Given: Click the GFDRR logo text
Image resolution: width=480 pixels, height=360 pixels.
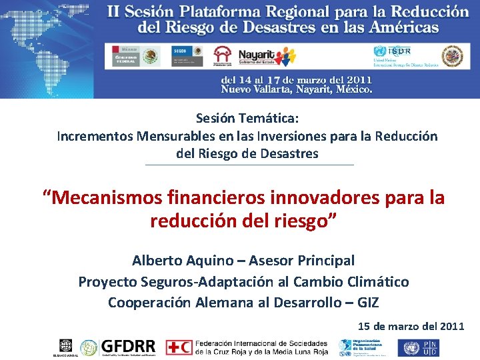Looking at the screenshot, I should point(127,347).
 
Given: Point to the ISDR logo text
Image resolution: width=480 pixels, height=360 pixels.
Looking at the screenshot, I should point(399,51).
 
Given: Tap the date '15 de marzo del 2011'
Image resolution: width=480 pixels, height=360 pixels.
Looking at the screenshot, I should point(411,326).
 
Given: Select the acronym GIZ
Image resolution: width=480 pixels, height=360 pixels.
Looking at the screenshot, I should point(367,303).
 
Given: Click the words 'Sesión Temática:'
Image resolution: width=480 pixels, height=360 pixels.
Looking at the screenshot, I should point(247,118).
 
